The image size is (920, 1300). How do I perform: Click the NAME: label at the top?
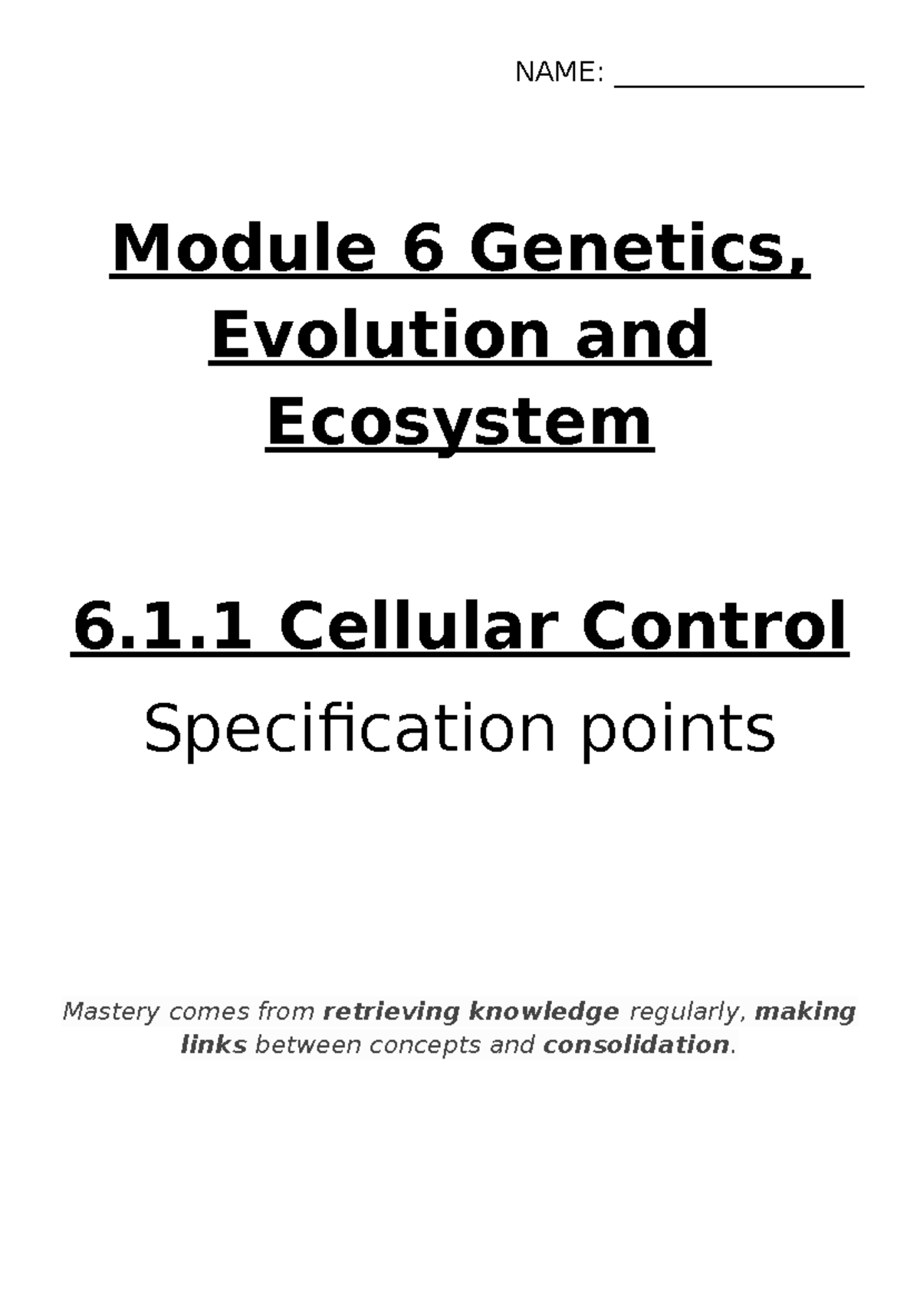559,73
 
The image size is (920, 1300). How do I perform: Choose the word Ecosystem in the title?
460,423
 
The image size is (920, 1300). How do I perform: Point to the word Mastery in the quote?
112,1012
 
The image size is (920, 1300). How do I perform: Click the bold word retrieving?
392,1012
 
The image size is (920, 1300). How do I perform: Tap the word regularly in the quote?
687,1012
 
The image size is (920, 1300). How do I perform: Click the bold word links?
213,1045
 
